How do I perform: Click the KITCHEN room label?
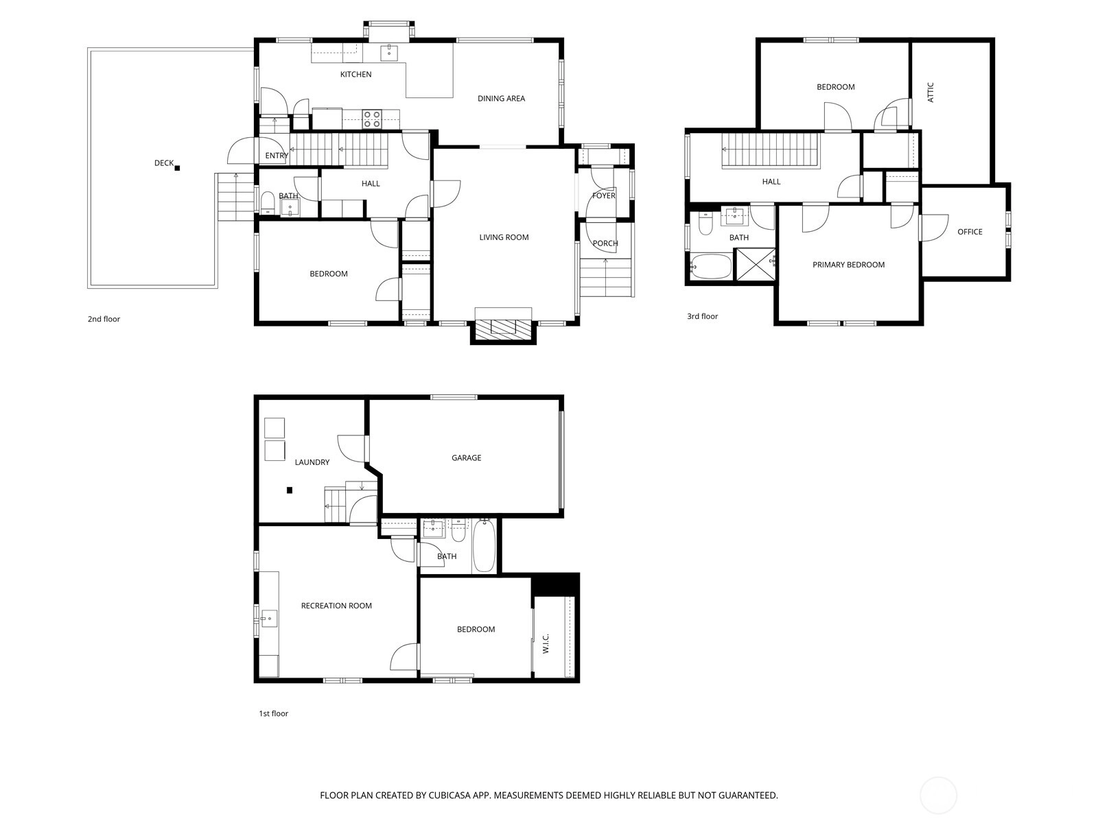pos(355,75)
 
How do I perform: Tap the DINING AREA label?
pos(501,99)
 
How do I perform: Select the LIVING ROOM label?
pos(504,237)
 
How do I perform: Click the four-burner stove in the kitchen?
pos(372,119)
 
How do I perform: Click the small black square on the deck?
pos(177,168)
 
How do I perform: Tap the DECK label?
pos(163,163)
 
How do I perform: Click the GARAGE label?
pos(466,457)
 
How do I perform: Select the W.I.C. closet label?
pos(546,643)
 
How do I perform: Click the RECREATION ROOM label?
pos(336,606)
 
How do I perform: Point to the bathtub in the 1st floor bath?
pos(484,546)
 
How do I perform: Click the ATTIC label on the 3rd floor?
pos(931,93)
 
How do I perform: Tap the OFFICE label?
pos(970,232)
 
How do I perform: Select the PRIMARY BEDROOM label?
pos(848,265)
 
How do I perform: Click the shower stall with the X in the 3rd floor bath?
pos(756,264)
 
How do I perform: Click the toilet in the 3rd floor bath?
pos(705,224)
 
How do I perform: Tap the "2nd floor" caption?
pos(104,319)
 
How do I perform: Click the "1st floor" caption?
pos(274,713)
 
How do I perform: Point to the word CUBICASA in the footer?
pos(449,796)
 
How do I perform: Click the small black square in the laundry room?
pos(289,490)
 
